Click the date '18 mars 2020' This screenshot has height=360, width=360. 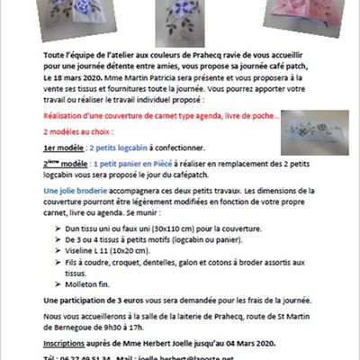point(104,80)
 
